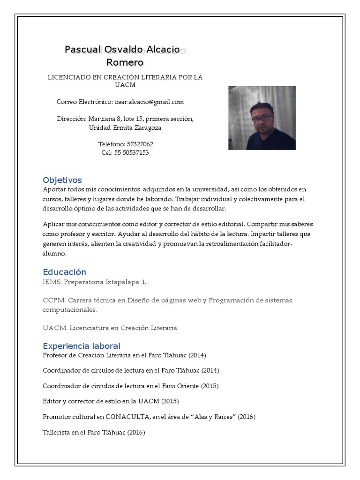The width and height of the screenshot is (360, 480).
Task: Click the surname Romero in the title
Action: coord(125,62)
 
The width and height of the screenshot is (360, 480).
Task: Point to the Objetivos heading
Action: coord(62,180)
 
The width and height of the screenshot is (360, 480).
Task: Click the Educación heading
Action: coord(65,272)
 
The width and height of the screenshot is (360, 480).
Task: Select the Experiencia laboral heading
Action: coord(82,346)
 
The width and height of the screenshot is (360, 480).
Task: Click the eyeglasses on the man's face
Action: coord(262,118)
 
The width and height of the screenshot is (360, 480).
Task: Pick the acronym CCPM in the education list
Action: coord(52,300)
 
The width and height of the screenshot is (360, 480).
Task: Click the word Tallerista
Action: coord(57,432)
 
